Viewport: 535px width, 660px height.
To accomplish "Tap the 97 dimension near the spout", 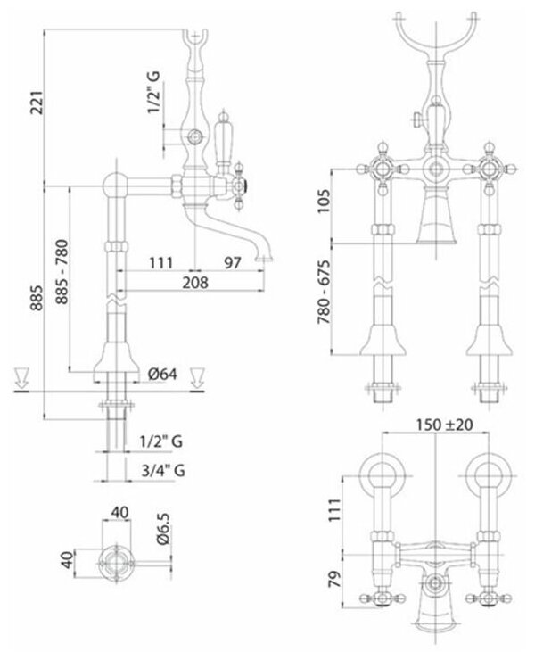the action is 233,262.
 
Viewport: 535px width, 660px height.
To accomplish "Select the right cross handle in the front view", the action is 490,169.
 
